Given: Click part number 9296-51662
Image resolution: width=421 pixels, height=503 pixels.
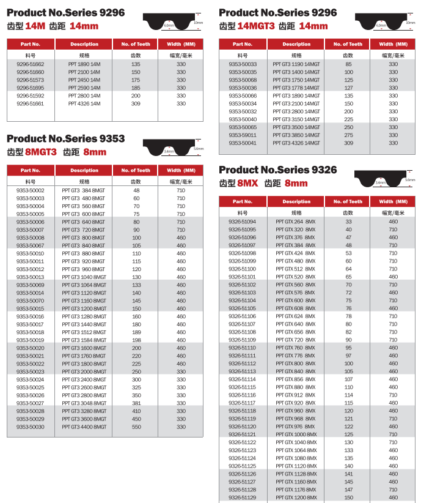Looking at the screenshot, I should pos(30,64).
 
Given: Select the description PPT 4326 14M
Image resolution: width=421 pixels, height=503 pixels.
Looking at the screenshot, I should pos(84,104).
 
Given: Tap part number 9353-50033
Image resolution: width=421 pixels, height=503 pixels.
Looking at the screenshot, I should pos(243,64).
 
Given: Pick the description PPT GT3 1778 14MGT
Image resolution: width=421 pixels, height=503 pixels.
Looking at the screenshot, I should pos(296,88).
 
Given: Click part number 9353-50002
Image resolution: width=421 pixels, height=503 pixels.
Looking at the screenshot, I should pos(30,191).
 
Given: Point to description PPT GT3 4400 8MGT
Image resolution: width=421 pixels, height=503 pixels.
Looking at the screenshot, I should pos(84,427).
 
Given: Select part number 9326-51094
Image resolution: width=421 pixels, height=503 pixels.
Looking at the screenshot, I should pos(243,222).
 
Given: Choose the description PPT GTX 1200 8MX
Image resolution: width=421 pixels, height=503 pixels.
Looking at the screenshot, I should pos(296,497).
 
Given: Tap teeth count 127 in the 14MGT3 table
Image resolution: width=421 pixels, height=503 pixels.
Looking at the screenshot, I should pos(348,88).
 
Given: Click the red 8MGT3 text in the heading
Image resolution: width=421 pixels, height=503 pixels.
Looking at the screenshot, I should pos(40,152).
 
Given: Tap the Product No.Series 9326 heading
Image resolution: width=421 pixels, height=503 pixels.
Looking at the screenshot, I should pos(277,170).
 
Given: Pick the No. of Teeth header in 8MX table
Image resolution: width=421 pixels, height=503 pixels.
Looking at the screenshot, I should pos(348,201).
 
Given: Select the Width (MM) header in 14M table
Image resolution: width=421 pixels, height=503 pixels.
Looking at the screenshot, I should pos(181,44).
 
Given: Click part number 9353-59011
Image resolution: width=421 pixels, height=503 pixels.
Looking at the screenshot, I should pos(243,135).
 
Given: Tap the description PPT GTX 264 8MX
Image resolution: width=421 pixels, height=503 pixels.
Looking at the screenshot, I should pos(296,222).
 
